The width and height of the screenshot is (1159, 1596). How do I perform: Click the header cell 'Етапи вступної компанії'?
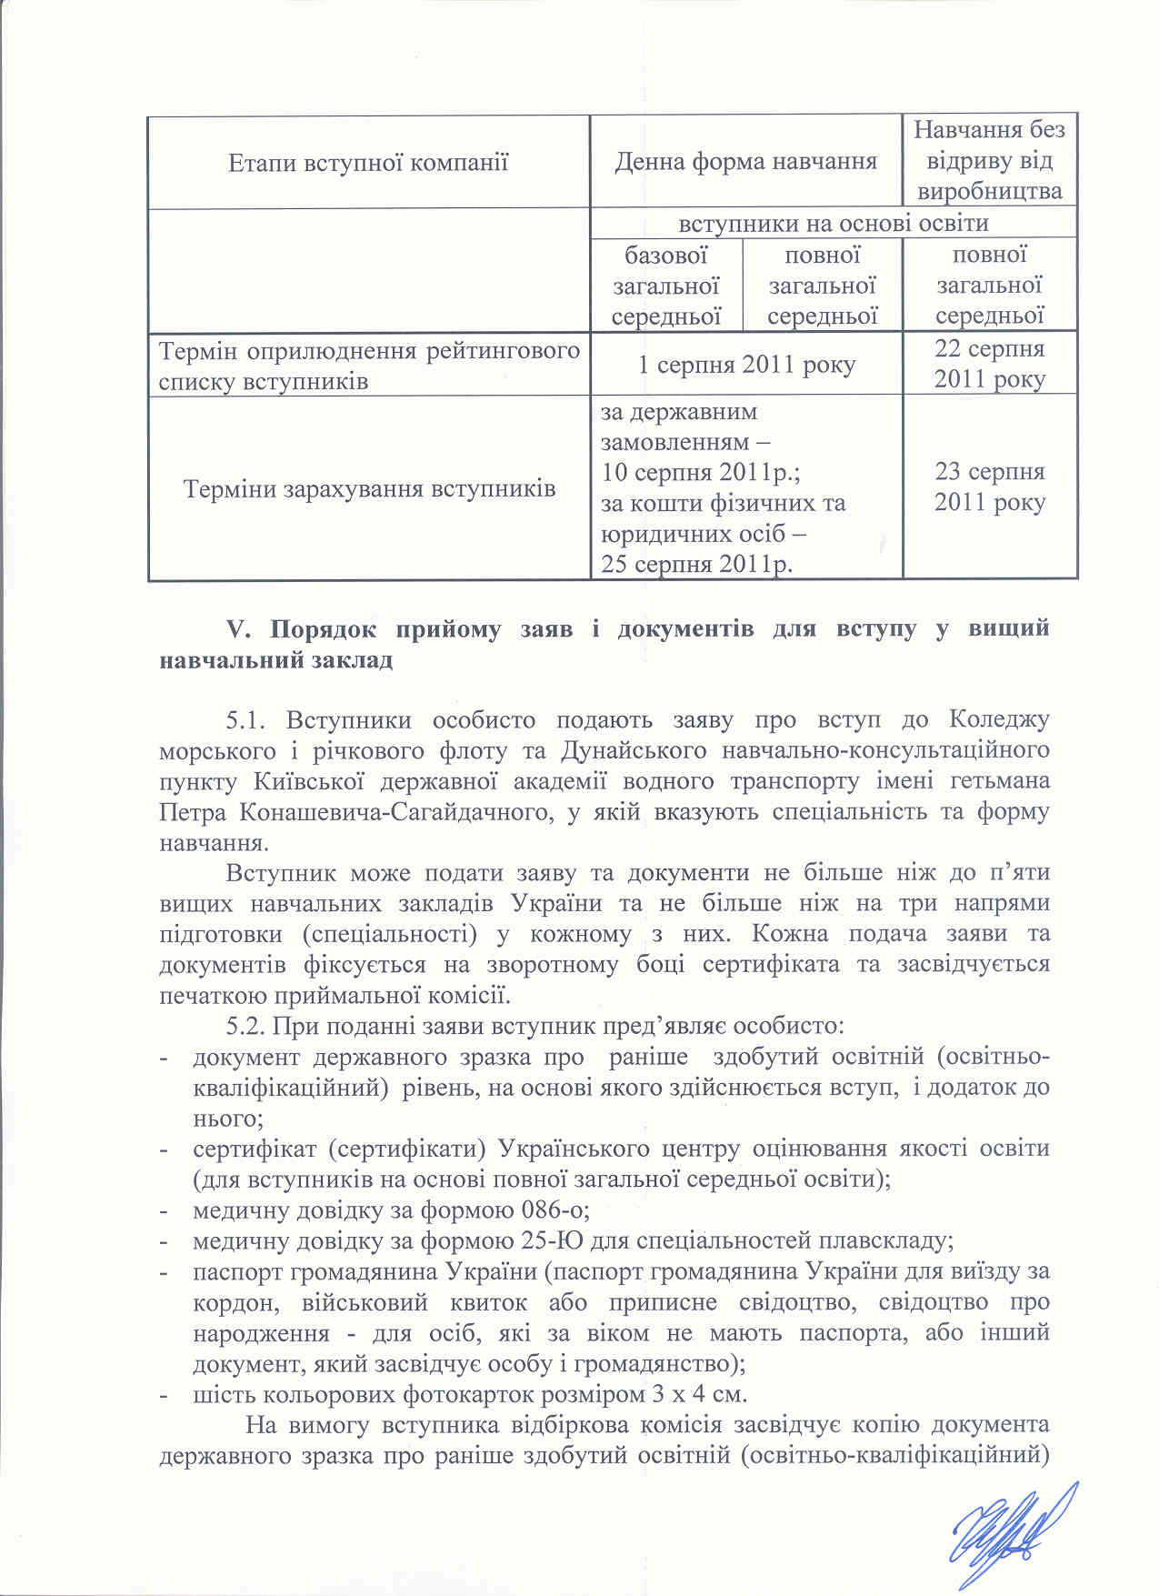368,163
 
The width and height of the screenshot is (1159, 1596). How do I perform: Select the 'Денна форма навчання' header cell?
745,163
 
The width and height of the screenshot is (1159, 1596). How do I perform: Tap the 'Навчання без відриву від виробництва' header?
989,161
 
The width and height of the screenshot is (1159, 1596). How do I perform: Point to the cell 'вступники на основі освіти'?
834,223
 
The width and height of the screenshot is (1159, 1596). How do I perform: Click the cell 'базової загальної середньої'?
666,286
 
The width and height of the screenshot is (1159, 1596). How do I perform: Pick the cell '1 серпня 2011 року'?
745,365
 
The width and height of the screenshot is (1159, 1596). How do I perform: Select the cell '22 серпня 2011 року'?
989,364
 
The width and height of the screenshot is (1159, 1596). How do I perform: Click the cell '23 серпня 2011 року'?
989,487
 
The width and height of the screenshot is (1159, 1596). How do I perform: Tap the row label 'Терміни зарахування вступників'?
369,489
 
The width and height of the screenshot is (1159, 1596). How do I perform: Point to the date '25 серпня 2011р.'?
697,565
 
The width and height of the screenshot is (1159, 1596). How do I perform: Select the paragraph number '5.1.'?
245,720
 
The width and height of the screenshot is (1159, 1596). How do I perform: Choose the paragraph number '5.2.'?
245,1027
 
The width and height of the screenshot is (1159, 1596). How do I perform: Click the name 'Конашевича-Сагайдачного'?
395,812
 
